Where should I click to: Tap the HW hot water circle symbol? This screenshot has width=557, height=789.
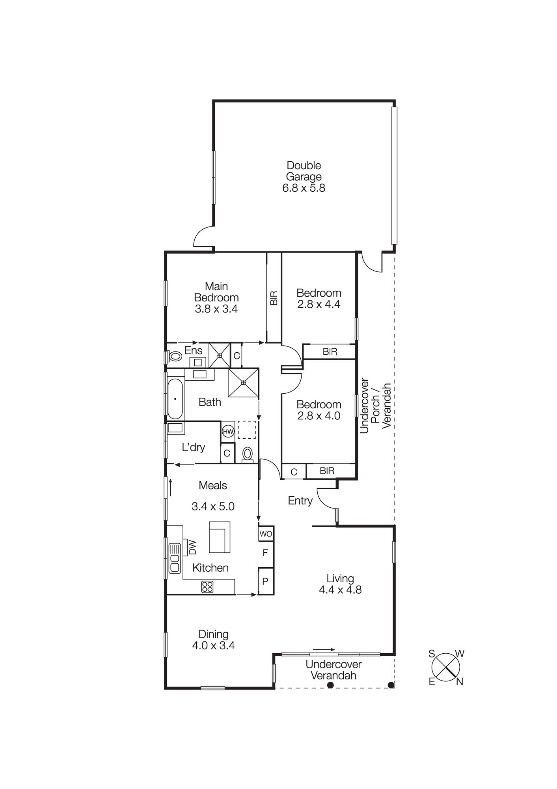228,431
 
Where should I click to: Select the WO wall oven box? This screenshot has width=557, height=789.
266,534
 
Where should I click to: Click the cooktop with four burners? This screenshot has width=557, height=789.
207,587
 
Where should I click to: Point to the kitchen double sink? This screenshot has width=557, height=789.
174,558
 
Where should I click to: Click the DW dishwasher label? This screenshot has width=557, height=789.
192,547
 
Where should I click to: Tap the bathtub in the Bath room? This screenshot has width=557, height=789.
175,399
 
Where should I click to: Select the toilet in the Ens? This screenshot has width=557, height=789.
175,356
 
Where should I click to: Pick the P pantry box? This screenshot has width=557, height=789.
265,581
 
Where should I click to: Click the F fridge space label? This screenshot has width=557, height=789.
265,553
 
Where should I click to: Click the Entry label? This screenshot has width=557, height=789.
300,501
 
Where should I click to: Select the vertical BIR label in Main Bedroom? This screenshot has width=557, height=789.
274,298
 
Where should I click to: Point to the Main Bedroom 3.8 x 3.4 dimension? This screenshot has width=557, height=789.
216,309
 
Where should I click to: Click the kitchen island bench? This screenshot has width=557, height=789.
219,537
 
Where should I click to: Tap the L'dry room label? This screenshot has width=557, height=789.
193,447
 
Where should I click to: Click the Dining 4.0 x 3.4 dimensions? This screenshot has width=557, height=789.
213,645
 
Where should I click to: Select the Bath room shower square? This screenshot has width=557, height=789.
243,382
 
